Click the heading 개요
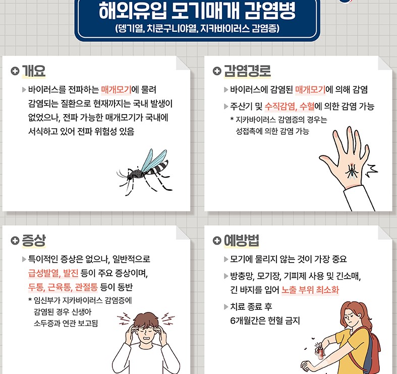pyautogui.click(x=34, y=71)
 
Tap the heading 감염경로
pyautogui.click(x=247, y=71)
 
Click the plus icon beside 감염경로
pyautogui.click(x=217, y=71)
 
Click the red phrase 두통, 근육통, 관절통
pyautogui.click(x=60, y=287)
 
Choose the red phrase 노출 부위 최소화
pyautogui.click(x=310, y=290)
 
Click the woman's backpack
pyautogui.click(x=376, y=348)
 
